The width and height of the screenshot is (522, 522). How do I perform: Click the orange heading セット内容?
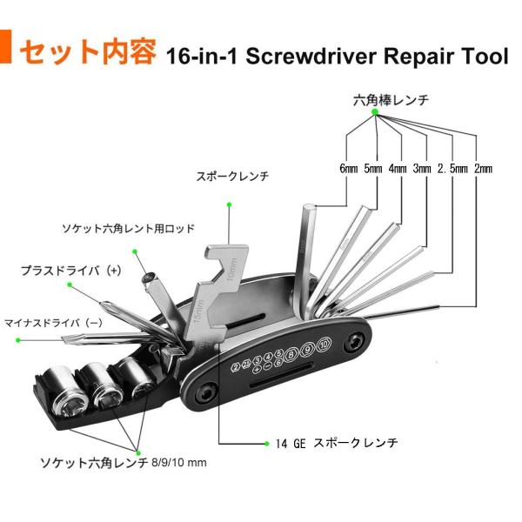(x=88, y=51)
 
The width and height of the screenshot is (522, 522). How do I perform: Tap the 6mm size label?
(x=349, y=169)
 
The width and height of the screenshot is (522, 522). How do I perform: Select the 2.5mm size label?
(x=452, y=169)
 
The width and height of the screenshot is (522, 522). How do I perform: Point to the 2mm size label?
(x=483, y=169)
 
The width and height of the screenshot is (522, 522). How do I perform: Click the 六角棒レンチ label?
(x=391, y=100)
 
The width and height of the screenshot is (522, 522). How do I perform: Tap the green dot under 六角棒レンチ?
(x=375, y=112)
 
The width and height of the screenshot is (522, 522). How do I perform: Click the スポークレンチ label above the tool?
(x=232, y=176)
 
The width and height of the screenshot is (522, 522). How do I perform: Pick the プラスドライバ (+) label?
(x=71, y=271)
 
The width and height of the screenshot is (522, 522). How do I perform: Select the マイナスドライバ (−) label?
(x=53, y=323)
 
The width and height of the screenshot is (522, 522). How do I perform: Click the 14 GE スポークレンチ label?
(x=337, y=443)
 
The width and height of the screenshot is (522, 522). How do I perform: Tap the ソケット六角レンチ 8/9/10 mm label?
(x=124, y=463)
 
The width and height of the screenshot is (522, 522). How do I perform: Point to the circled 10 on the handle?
(x=324, y=345)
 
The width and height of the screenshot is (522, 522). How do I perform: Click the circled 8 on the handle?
(x=291, y=354)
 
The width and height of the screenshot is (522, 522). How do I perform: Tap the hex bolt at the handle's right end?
(x=354, y=343)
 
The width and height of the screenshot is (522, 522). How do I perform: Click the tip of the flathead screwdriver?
(x=64, y=339)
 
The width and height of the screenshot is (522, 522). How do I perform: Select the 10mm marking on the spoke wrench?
(x=231, y=268)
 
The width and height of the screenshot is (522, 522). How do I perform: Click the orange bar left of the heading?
(x=6, y=47)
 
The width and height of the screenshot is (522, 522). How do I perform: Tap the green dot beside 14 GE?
(x=266, y=444)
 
